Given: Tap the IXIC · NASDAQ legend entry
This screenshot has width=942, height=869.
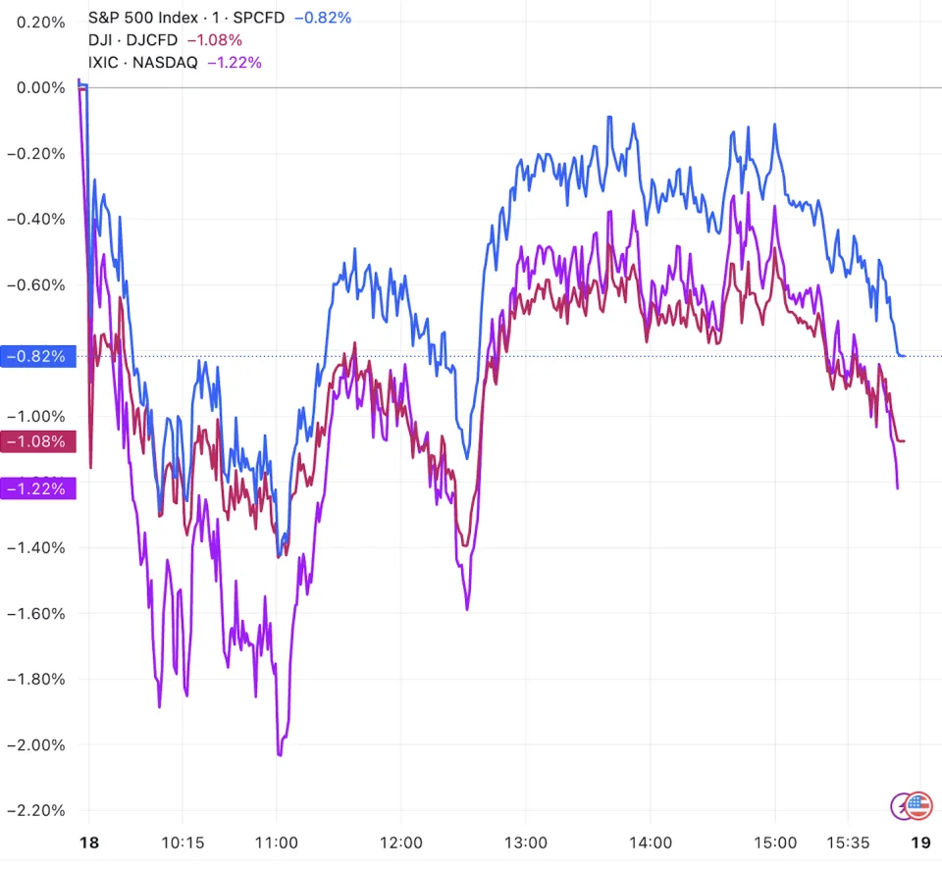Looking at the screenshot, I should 142,63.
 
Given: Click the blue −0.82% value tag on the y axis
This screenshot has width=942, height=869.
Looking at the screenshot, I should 36,356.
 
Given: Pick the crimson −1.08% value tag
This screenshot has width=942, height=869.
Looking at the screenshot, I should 36,441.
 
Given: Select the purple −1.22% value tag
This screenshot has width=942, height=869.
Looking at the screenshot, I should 36,487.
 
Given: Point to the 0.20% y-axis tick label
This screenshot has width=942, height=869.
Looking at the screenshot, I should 36,22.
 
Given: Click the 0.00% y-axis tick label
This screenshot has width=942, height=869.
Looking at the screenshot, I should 36,87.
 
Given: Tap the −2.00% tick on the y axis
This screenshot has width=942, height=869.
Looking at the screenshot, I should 36,744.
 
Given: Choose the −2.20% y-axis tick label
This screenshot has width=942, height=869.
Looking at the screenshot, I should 36,810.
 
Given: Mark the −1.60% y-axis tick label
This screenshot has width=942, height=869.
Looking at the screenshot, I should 36,613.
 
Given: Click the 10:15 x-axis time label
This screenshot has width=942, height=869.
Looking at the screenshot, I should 183,843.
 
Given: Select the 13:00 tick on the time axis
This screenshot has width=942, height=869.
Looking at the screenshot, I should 526,843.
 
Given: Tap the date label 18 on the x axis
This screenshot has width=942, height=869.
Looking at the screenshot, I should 89,843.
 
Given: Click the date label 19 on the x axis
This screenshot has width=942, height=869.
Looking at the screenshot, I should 920,843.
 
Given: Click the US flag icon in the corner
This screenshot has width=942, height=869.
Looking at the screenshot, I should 918,806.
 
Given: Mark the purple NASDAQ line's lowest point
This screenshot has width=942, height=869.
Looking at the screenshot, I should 280,755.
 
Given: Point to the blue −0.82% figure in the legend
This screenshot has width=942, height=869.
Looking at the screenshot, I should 324,18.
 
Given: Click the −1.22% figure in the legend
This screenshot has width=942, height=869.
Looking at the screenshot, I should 235,63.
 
